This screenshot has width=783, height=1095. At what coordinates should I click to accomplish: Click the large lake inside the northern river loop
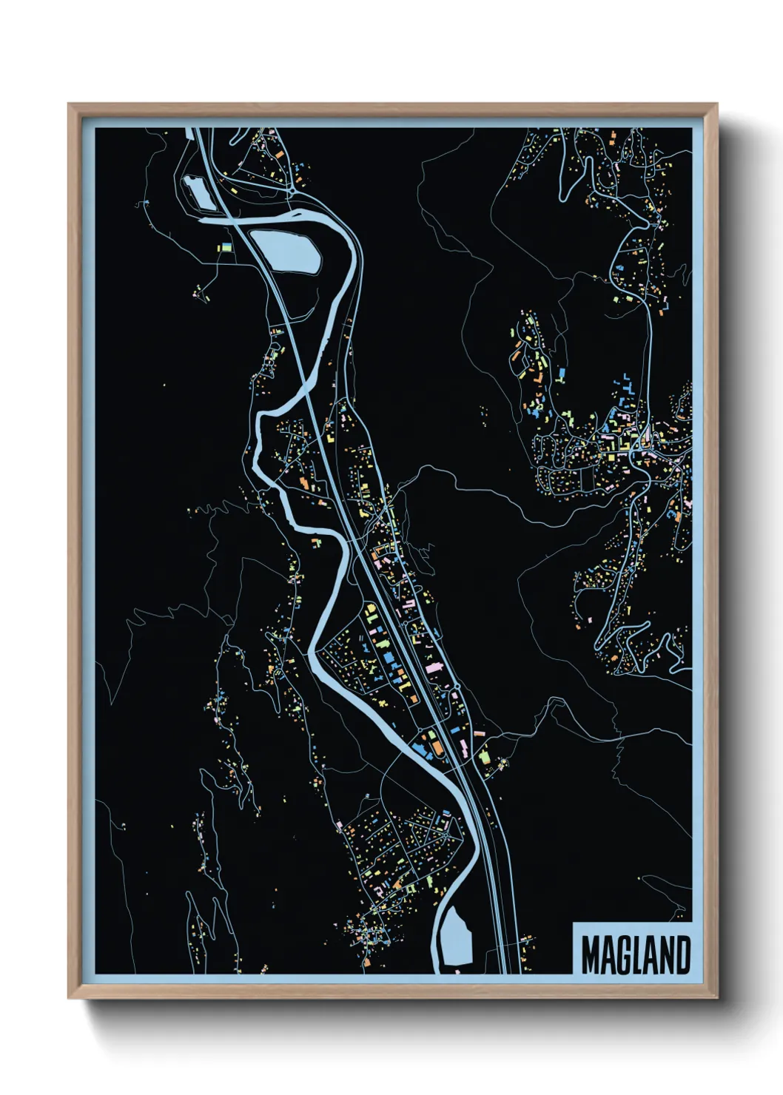point(285,250)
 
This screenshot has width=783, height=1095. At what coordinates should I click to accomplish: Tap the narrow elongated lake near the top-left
point(195,192)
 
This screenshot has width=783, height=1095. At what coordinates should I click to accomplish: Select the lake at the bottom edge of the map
point(457,937)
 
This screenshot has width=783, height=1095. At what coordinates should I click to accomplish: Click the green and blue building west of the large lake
point(224,248)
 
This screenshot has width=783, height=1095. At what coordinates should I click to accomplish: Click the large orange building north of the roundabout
point(280,155)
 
